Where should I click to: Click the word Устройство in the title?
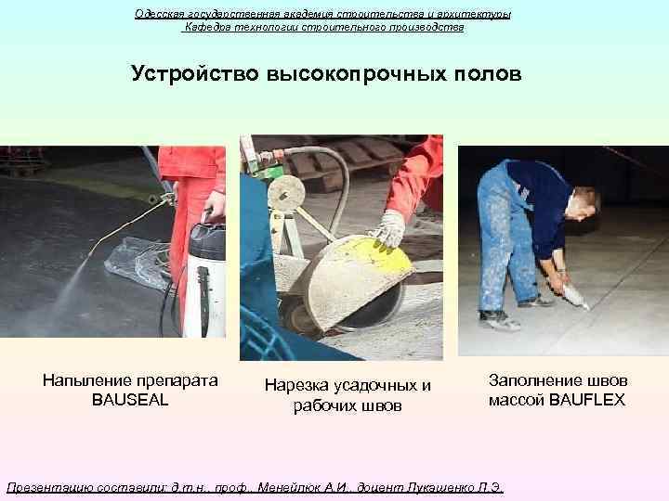195,73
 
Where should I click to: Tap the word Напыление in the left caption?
86,380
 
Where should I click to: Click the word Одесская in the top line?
160,14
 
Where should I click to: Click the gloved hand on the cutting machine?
390,226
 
